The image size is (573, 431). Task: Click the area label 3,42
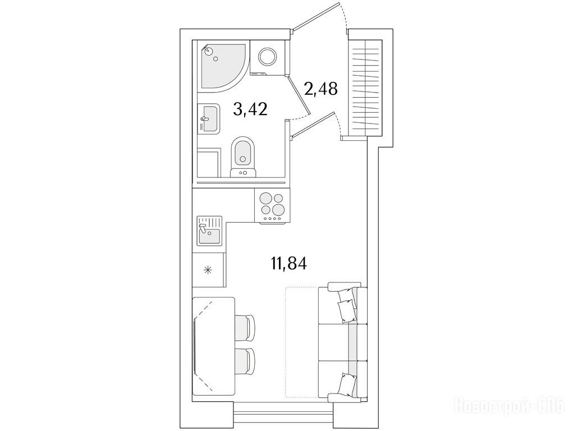[250, 109]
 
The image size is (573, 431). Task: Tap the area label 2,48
[320, 89]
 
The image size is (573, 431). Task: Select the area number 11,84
[288, 263]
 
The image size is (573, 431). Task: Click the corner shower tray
[222, 67]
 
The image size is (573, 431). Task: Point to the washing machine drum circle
[269, 57]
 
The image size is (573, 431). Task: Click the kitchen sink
[210, 230]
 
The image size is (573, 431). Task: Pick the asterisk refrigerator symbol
[208, 271]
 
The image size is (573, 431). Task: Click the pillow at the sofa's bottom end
[346, 384]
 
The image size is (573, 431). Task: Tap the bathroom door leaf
[300, 94]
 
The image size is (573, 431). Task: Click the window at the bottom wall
[283, 412]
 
